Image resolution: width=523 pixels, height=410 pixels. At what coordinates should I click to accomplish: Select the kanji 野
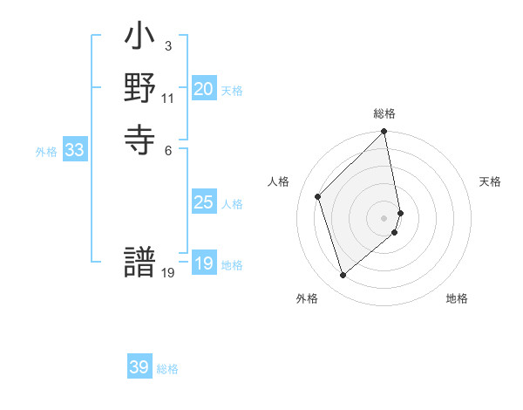tap(139, 90)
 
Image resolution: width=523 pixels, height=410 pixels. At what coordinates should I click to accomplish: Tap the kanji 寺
tap(139, 138)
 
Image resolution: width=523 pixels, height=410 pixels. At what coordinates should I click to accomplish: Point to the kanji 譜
tap(139, 264)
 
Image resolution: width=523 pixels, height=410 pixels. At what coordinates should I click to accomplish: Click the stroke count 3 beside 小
tap(167, 45)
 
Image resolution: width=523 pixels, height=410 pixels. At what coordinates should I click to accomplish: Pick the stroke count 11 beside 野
tap(168, 99)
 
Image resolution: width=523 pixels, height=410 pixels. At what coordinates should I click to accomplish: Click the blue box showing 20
tap(204, 89)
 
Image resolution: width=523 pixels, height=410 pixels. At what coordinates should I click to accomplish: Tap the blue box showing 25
tap(204, 202)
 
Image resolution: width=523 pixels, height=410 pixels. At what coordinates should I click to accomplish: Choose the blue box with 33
tap(75, 150)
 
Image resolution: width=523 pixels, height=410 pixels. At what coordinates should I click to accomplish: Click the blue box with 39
tap(139, 367)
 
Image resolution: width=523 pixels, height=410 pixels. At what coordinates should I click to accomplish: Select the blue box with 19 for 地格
tap(204, 263)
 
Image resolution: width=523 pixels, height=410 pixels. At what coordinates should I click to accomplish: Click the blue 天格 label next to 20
tap(232, 91)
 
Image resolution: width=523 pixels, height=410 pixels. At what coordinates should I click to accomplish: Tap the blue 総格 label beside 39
tap(167, 369)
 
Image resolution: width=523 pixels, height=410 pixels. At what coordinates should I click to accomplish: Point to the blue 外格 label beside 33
tap(46, 152)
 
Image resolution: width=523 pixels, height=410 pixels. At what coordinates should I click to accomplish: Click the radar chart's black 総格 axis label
tap(384, 113)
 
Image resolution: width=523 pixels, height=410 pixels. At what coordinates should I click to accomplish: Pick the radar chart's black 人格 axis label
tap(279, 181)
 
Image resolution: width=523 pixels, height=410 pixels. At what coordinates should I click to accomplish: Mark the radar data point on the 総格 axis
tap(384, 132)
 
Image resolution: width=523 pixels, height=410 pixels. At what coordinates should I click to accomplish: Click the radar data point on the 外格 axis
tap(343, 275)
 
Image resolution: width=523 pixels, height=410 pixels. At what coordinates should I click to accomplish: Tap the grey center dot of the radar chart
tap(384, 217)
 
